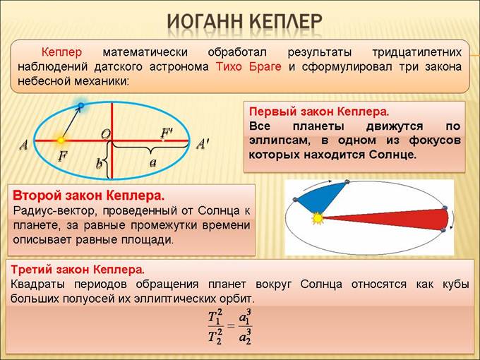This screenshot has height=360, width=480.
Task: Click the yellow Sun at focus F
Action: [x=61, y=140]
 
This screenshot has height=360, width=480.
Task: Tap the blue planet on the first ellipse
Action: [x=81, y=106]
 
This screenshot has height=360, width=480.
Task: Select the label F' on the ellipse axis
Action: [x=167, y=132]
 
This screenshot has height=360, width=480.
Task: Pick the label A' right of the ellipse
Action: [x=203, y=144]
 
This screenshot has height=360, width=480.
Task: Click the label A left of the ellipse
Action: [x=24, y=145]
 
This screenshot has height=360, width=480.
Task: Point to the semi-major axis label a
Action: [x=152, y=162]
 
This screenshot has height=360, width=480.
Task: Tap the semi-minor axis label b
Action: [x=100, y=164]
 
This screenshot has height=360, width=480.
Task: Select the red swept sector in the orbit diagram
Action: [x=402, y=219]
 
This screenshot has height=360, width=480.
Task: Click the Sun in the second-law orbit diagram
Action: [x=318, y=218]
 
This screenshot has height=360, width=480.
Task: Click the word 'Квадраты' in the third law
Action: [x=37, y=284]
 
